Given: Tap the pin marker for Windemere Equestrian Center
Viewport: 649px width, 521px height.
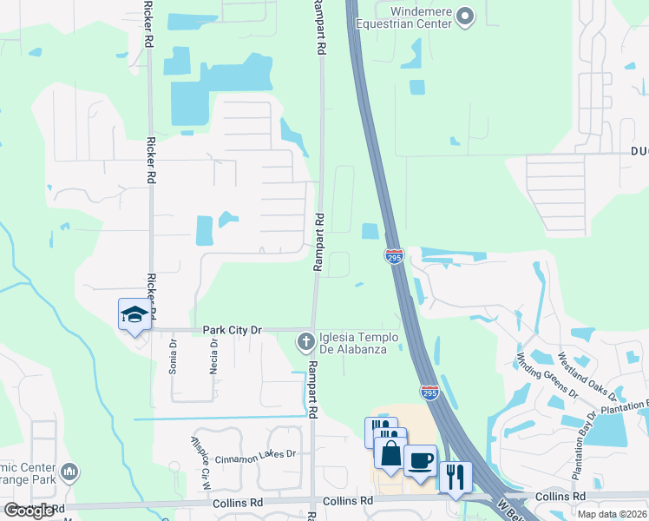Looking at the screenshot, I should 467,16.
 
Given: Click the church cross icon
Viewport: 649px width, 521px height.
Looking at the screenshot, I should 305,342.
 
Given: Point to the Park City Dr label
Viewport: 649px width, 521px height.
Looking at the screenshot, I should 232,330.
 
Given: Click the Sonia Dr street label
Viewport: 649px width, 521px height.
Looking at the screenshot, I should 173,357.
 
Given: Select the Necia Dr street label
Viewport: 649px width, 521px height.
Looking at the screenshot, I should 213,354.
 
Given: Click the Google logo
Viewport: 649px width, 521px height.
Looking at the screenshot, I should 29,511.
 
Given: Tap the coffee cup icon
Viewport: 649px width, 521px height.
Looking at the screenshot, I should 421,460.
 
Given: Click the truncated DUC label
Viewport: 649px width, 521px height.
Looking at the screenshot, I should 639,151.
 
